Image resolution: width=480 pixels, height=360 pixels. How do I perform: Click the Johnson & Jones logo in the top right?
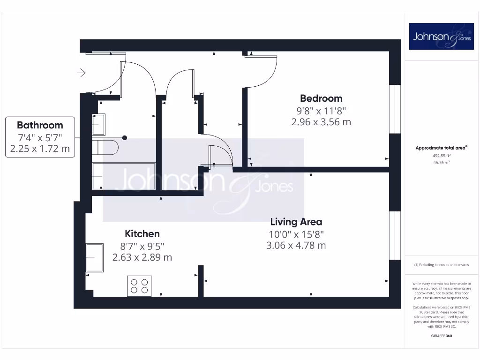442,37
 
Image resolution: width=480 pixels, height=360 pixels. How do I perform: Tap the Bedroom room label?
321,98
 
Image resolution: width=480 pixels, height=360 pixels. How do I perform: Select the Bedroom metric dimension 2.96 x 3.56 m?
321,122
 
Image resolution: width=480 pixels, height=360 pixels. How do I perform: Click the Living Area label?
296,222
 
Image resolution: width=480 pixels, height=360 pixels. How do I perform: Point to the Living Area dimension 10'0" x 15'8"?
296,234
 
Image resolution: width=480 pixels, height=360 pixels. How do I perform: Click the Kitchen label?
142,233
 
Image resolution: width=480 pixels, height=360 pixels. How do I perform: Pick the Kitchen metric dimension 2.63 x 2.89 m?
142,257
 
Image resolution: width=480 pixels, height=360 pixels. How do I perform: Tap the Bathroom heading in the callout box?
40,125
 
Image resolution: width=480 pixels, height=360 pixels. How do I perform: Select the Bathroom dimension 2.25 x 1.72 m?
40,149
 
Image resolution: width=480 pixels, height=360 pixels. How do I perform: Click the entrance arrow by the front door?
82,73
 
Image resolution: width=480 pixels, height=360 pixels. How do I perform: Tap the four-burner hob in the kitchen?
139,286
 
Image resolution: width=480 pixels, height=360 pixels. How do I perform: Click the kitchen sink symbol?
95,257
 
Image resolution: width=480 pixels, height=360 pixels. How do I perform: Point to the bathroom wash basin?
99,125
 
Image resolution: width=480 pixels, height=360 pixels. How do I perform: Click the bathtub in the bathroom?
124,176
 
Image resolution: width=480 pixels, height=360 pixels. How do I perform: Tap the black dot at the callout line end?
125,138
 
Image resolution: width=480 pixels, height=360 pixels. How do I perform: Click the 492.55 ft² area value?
441,155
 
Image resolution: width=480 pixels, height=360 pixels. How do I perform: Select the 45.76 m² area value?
441,162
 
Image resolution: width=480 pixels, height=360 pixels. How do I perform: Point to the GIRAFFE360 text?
441,336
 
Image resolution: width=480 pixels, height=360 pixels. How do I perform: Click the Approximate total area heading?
441,148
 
